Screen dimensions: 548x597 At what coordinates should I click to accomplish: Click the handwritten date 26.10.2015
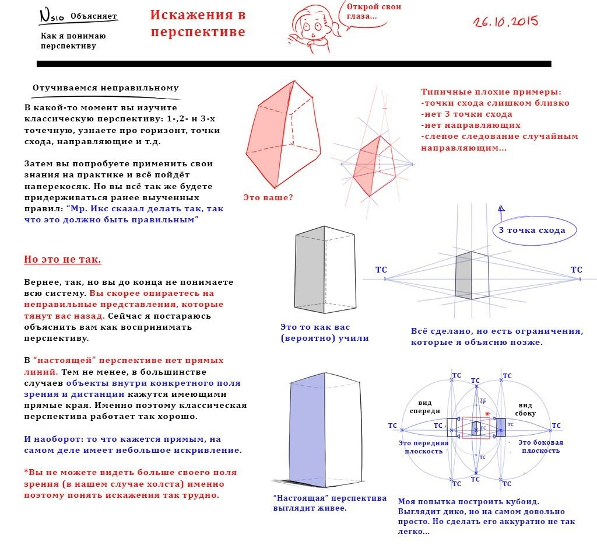(x=505, y=22)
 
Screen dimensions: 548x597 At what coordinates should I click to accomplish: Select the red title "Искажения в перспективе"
(x=198, y=23)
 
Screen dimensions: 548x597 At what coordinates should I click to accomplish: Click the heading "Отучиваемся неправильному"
(x=106, y=88)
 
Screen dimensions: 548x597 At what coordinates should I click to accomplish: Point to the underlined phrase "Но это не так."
(x=62, y=259)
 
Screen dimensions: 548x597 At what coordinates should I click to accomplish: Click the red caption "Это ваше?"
(x=268, y=197)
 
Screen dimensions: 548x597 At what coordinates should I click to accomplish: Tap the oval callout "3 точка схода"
(x=532, y=230)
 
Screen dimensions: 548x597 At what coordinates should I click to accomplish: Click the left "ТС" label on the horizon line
(x=381, y=270)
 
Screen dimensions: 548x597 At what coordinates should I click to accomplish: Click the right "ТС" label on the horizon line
(x=576, y=270)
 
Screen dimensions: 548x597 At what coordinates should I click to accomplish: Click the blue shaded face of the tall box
(x=306, y=429)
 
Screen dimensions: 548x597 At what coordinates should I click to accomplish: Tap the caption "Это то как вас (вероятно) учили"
(x=324, y=333)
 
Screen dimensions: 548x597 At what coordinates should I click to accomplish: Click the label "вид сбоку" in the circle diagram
(x=525, y=409)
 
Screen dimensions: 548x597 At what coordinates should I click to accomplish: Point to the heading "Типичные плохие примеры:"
(x=491, y=92)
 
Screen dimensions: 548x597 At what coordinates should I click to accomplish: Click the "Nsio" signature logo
(x=51, y=15)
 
